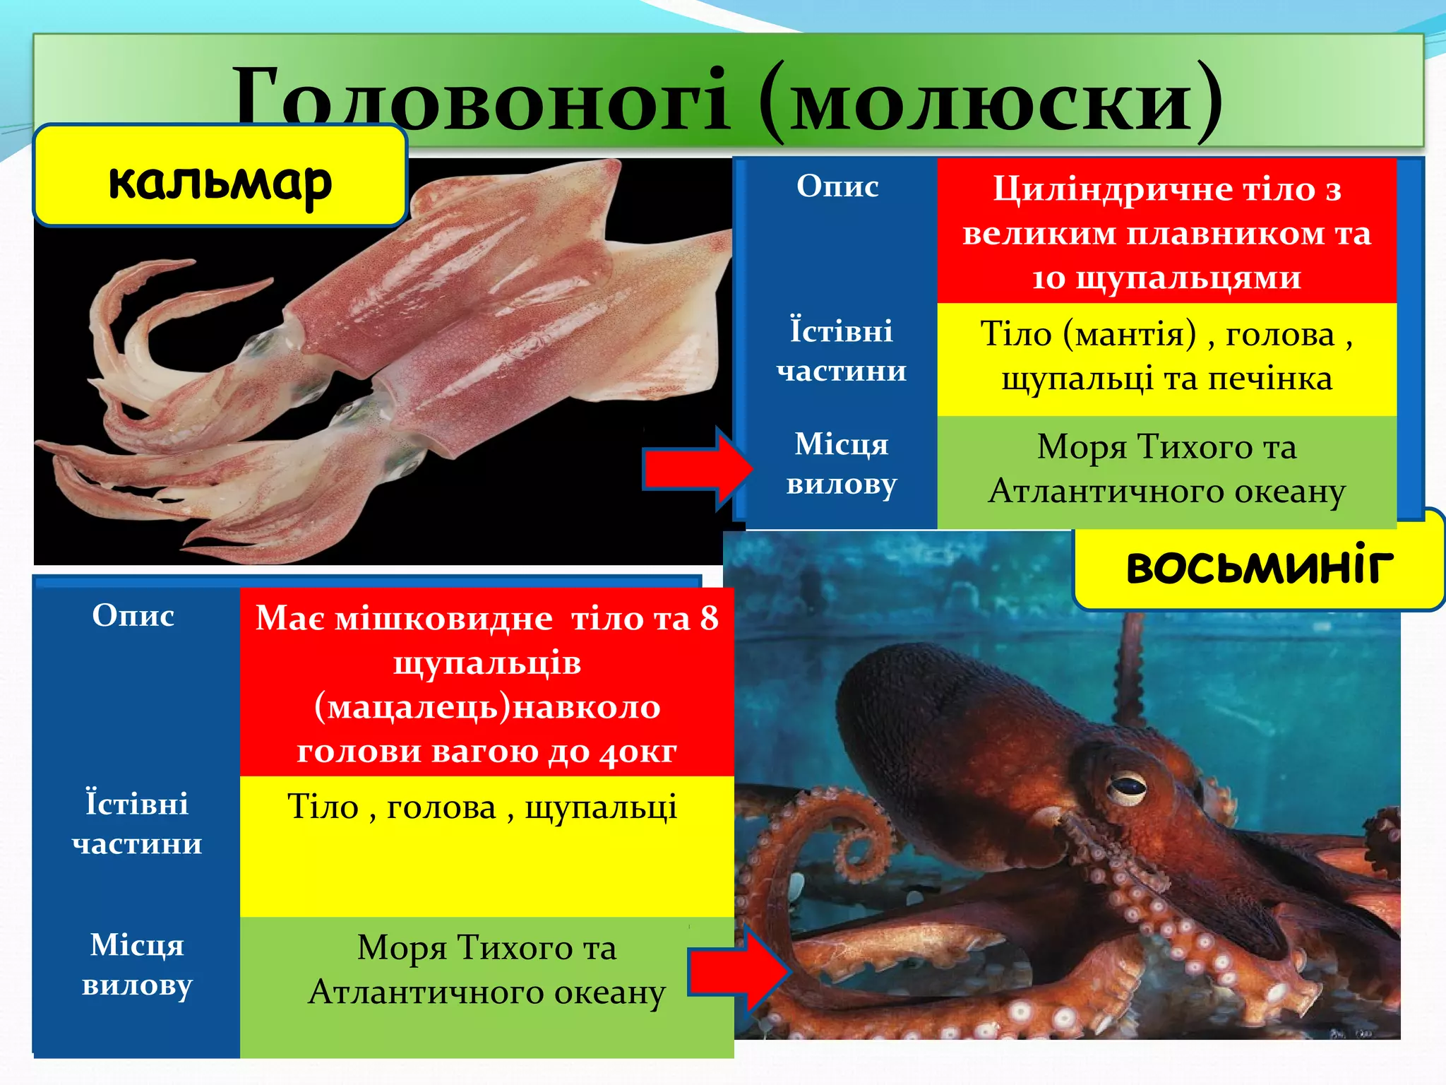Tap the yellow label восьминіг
click(x=1260, y=567)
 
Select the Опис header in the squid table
click(x=837, y=186)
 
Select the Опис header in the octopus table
click(x=133, y=616)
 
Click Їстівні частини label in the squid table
click(x=841, y=350)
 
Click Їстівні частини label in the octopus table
click(x=136, y=823)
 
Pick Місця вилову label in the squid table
click(x=841, y=464)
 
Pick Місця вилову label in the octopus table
click(x=136, y=964)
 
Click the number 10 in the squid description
click(x=1048, y=278)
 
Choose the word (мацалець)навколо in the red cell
click(x=487, y=707)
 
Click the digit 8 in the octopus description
click(x=709, y=619)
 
